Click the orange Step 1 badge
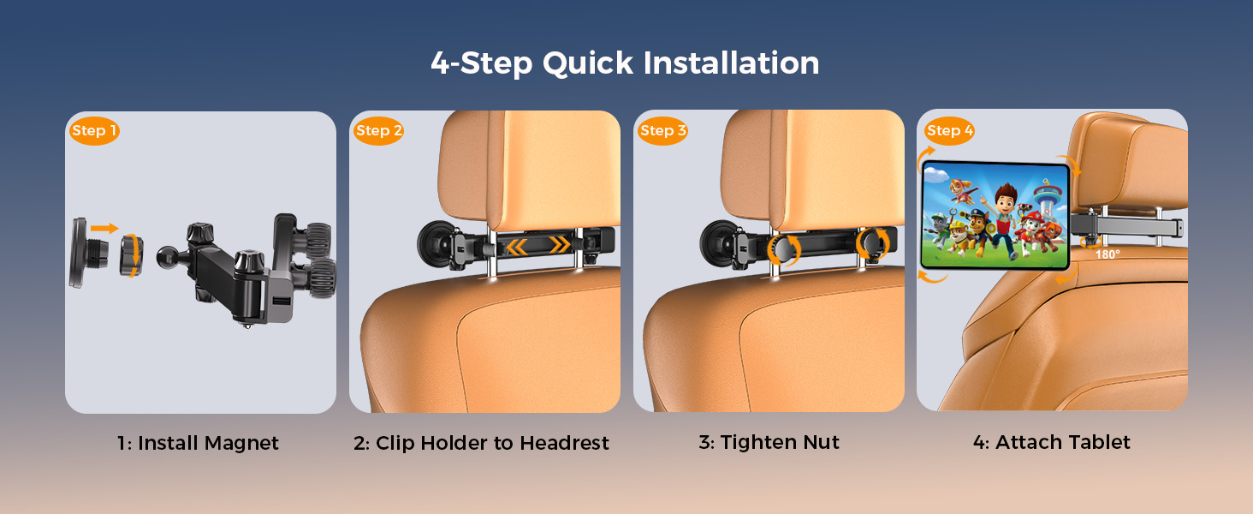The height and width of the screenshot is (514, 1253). pyautogui.click(x=94, y=130)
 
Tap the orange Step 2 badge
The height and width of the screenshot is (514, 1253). pyautogui.click(x=378, y=130)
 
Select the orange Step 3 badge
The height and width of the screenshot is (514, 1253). pyautogui.click(x=662, y=130)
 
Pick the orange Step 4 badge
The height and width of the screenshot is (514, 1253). pyautogui.click(x=949, y=130)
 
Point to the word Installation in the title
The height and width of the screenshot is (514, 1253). pyautogui.click(x=731, y=63)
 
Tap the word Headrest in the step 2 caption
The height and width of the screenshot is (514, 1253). pyautogui.click(x=564, y=443)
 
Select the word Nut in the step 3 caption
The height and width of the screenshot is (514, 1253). pyautogui.click(x=821, y=442)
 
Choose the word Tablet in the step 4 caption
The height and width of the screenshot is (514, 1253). pyautogui.click(x=1097, y=442)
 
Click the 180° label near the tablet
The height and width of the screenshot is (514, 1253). pyautogui.click(x=1107, y=254)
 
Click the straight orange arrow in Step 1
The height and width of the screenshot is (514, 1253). pyautogui.click(x=104, y=228)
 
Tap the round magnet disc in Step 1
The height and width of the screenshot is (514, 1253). pyautogui.click(x=80, y=253)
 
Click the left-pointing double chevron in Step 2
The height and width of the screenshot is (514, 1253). pyautogui.click(x=517, y=246)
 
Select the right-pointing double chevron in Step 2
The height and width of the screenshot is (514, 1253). pyautogui.click(x=560, y=245)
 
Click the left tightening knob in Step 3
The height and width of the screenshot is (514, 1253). pyautogui.click(x=784, y=250)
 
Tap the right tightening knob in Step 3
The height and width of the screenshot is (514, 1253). pyautogui.click(x=871, y=242)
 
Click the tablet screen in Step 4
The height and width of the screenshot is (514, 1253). pyautogui.click(x=995, y=215)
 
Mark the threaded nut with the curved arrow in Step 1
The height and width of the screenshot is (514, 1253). pyautogui.click(x=132, y=255)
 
